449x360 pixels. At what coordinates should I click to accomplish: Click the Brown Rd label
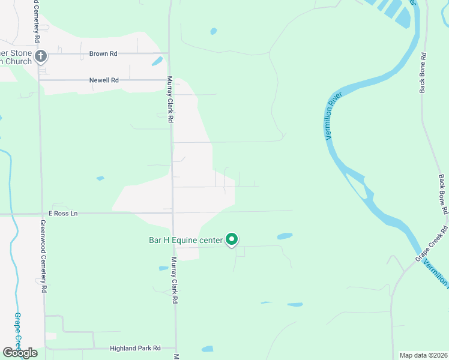[103, 53]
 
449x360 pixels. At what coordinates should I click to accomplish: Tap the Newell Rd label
[104, 80]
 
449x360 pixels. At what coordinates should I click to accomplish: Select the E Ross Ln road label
[64, 213]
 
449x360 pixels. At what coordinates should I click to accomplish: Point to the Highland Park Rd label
[135, 348]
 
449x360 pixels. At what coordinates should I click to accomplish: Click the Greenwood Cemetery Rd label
[43, 256]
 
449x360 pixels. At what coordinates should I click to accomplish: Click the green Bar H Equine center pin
[232, 240]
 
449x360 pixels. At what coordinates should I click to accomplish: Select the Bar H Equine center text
[185, 240]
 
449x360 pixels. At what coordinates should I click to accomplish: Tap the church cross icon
[41, 57]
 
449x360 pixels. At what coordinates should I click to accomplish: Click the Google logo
[20, 353]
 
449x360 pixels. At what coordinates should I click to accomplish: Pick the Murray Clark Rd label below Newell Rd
[170, 100]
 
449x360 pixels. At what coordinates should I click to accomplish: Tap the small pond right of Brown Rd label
[157, 61]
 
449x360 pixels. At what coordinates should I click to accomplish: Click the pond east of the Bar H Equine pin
[285, 236]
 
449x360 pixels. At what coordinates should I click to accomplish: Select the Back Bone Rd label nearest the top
[423, 73]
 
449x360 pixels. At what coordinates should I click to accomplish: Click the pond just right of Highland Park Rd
[207, 349]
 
